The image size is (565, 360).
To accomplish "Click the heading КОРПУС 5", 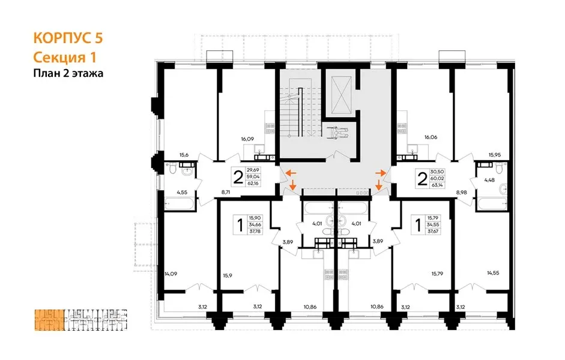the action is pyautogui.click(x=68, y=38).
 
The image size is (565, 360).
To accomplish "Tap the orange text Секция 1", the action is pyautogui.click(x=65, y=57).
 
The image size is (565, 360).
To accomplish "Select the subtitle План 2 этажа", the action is pyautogui.click(x=68, y=73).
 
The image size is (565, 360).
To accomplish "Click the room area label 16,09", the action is pyautogui.click(x=247, y=139).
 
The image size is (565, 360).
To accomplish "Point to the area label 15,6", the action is pyautogui.click(x=184, y=155).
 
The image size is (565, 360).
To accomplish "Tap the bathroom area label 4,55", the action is pyautogui.click(x=182, y=192).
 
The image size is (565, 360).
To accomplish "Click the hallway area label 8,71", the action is pyautogui.click(x=226, y=192).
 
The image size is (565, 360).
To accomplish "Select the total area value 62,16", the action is pyautogui.click(x=253, y=183).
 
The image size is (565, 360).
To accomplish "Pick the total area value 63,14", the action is pyautogui.click(x=437, y=185).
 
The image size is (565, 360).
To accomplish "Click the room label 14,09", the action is pyautogui.click(x=171, y=274).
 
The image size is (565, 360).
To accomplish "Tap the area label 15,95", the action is pyautogui.click(x=495, y=155).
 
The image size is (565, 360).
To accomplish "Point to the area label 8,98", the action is pyautogui.click(x=462, y=192).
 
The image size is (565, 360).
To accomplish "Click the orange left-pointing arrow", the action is pyautogui.click(x=291, y=173).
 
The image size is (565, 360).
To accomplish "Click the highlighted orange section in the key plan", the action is pyautogui.click(x=50, y=320).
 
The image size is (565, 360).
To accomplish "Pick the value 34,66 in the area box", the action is pyautogui.click(x=255, y=224).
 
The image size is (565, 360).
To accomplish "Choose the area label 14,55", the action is pyautogui.click(x=494, y=273).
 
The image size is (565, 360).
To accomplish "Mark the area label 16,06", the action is pyautogui.click(x=431, y=137).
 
